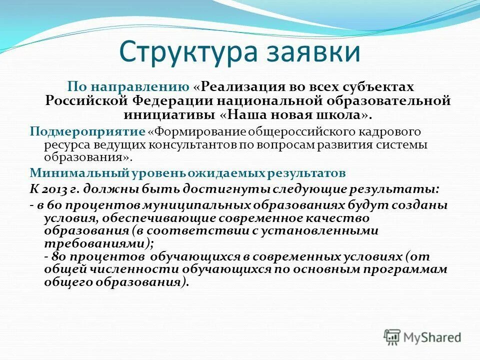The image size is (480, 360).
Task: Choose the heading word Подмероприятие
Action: [87, 131]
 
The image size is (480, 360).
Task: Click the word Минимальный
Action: [79, 173]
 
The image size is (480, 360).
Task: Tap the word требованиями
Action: [95, 243]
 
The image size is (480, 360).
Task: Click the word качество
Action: [335, 218]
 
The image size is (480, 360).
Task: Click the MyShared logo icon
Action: [392, 336]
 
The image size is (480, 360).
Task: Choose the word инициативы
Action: [169, 114]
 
